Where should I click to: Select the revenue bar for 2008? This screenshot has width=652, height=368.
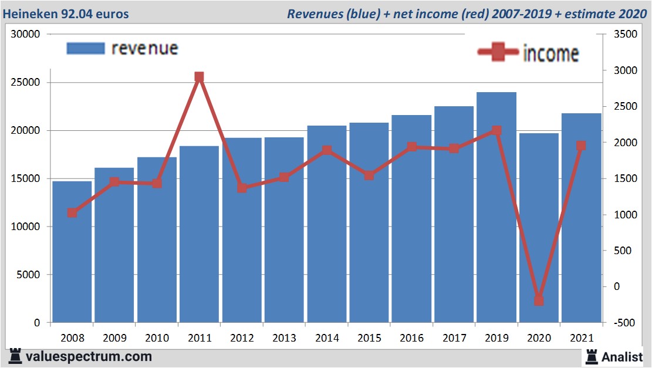click(72, 252)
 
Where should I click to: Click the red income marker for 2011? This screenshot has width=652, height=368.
click(199, 77)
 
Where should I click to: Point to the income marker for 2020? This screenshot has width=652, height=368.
click(539, 301)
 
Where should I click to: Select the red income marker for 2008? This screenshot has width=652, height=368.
click(72, 212)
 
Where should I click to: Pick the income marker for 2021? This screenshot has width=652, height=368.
click(581, 146)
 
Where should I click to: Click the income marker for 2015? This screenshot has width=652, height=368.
click(369, 175)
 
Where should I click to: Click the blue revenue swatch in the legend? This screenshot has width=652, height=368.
click(86, 48)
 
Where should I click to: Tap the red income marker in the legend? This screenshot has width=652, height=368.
click(498, 52)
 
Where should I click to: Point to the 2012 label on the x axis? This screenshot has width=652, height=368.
click(242, 338)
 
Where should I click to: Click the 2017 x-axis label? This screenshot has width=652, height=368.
click(454, 338)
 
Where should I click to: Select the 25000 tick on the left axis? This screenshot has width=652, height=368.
click(26, 82)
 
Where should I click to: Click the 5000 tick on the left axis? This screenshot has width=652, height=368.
click(29, 275)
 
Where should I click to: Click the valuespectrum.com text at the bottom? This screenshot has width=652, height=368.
click(88, 356)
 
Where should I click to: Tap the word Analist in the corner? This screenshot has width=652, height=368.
click(622, 356)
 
